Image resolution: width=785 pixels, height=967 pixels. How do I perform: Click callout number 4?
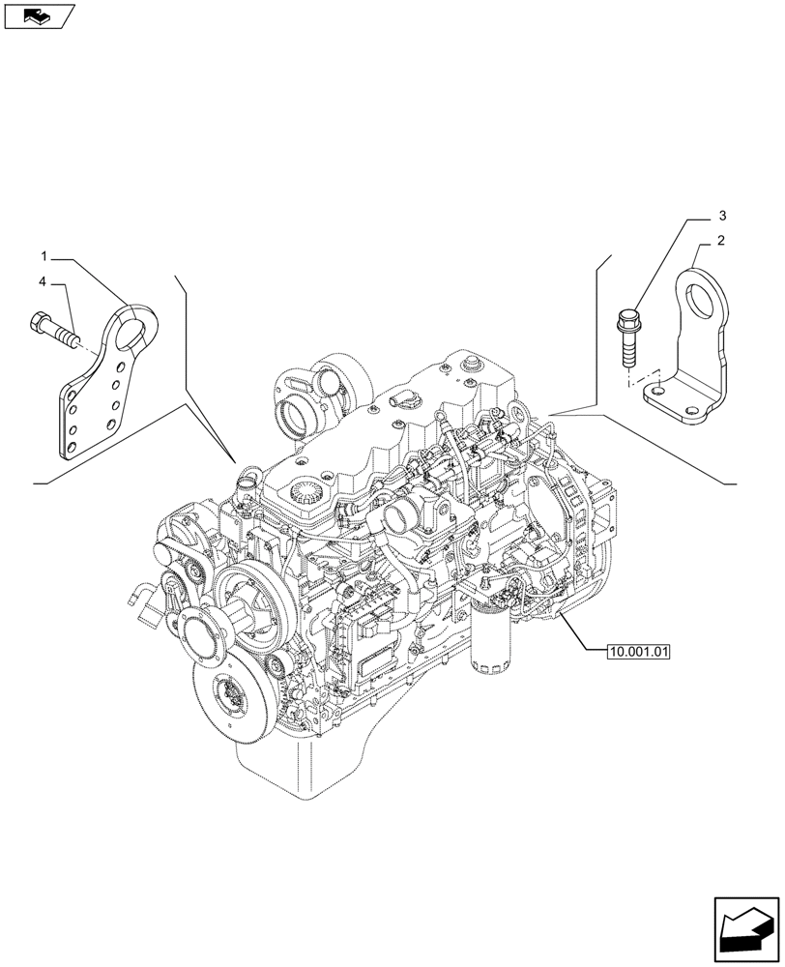[x=44, y=282]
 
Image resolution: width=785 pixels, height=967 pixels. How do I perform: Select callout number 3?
[x=721, y=215]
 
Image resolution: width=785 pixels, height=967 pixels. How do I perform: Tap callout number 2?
[x=721, y=240]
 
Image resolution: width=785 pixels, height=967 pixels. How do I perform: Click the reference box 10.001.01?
[x=638, y=652]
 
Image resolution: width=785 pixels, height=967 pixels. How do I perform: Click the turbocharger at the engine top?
[x=311, y=401]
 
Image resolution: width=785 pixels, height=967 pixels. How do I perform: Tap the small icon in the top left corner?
[x=37, y=15]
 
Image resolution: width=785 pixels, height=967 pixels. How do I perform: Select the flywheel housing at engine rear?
[x=580, y=522]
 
